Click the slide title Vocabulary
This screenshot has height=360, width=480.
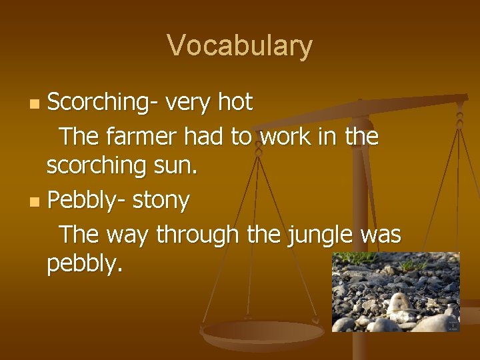pos(239,46)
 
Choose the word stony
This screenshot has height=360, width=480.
pos(161,199)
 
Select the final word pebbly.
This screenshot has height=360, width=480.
pos(85,265)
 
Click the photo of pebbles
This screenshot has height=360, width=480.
pos(395,291)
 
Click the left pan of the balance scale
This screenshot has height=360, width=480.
pos(263,333)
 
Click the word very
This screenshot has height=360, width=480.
pos(189,103)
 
